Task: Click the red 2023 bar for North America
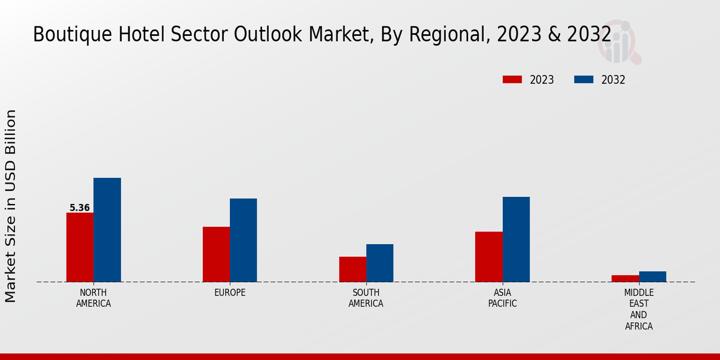click(x=80, y=247)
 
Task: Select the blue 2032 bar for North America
click(x=107, y=230)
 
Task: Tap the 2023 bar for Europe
click(x=216, y=254)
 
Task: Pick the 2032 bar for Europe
click(x=243, y=240)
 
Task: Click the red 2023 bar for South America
click(x=352, y=269)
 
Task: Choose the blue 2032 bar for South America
click(x=380, y=263)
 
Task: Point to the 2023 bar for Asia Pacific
click(x=488, y=257)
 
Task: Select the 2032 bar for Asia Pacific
click(x=516, y=239)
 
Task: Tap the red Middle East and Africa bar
click(x=625, y=278)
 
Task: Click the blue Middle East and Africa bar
click(x=652, y=277)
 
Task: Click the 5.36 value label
click(x=80, y=208)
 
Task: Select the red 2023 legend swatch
click(x=512, y=80)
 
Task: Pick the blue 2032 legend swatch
click(x=584, y=80)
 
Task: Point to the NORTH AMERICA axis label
click(x=94, y=298)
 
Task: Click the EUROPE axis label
click(x=230, y=293)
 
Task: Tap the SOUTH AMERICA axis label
click(x=366, y=298)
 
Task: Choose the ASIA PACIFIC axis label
click(x=502, y=298)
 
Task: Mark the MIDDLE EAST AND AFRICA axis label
click(x=638, y=310)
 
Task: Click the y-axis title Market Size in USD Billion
click(x=11, y=206)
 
